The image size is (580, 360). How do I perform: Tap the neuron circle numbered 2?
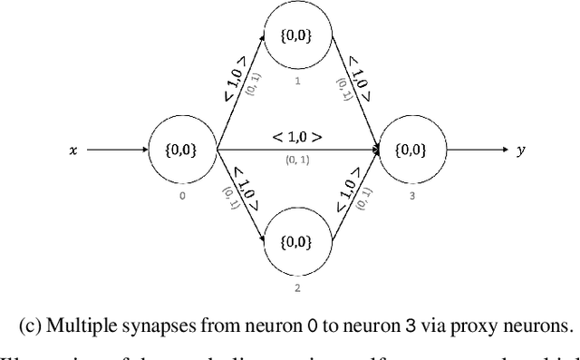[x=297, y=243]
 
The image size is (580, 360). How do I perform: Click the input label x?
[x=72, y=151]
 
